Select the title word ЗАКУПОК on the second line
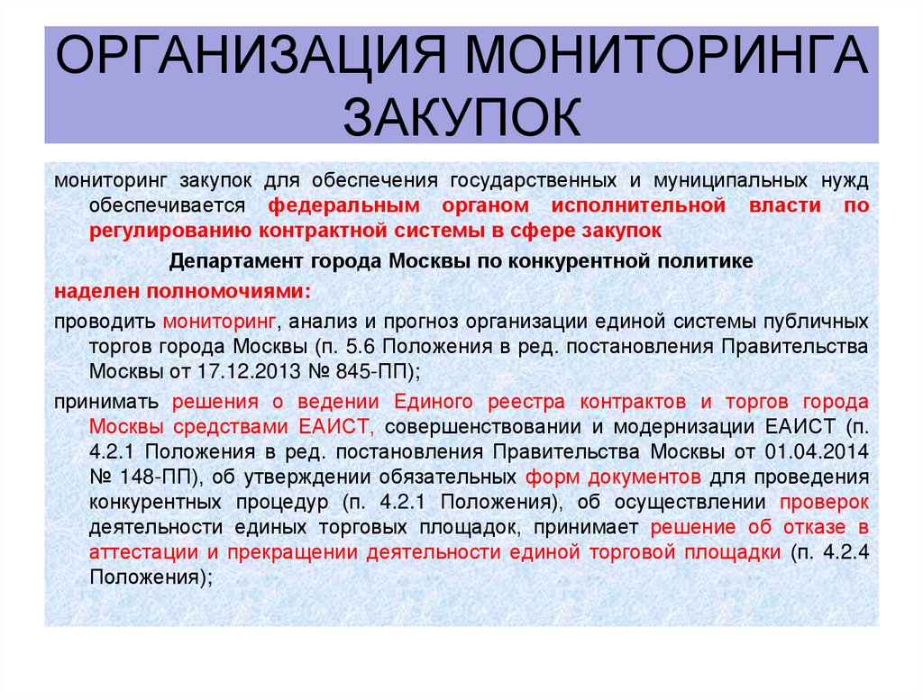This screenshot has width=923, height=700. (461, 119)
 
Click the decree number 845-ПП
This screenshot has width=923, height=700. (377, 370)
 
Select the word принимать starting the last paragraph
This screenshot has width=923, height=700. (107, 400)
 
